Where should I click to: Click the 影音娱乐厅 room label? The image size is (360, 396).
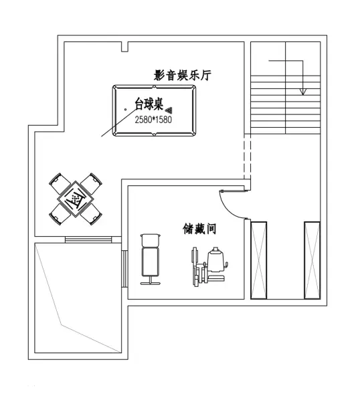click(183, 76)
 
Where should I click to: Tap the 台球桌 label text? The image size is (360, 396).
click(149, 104)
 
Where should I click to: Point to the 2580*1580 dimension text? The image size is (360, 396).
click(153, 120)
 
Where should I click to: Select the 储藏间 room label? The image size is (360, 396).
click(199, 229)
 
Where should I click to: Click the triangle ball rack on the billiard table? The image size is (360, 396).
click(169, 110)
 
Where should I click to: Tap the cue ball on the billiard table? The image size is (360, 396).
click(126, 110)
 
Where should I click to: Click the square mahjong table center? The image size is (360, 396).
click(76, 199)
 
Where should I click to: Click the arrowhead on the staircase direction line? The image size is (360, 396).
click(303, 92)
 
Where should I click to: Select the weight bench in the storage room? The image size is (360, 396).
click(151, 260)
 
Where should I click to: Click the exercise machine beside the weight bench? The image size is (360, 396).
click(209, 266)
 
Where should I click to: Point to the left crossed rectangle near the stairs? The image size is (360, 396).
click(259, 260)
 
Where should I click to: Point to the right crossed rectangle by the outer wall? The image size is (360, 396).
click(312, 260)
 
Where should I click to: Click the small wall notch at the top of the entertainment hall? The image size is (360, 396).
click(124, 47)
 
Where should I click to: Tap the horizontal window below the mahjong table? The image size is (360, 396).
click(88, 239)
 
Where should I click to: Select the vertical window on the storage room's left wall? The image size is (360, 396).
click(124, 268)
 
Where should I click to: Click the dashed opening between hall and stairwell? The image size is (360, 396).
click(247, 157)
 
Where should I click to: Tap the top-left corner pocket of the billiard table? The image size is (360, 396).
click(115, 88)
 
